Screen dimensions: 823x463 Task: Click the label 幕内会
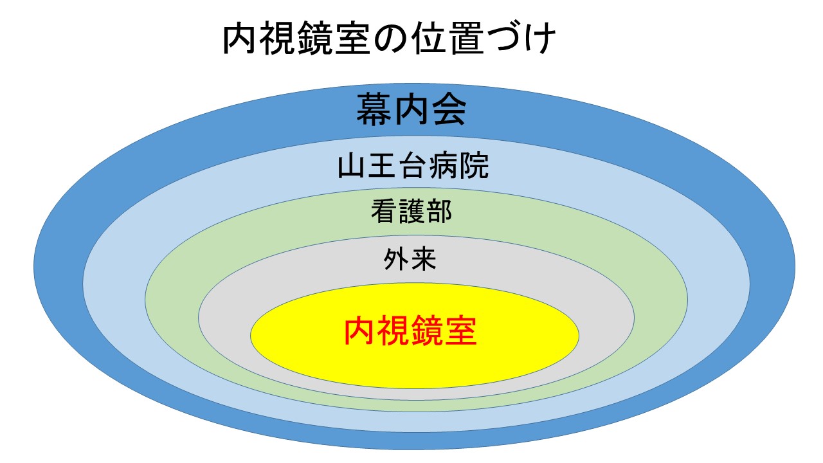(411, 109)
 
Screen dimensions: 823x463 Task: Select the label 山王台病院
(413, 166)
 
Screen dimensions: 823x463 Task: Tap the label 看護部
(411, 212)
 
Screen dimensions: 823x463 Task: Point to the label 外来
(410, 259)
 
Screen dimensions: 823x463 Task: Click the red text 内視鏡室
(410, 331)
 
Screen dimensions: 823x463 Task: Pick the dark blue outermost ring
(59, 266)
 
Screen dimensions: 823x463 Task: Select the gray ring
(225, 318)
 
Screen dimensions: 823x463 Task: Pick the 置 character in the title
(467, 38)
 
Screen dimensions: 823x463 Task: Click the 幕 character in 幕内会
(374, 109)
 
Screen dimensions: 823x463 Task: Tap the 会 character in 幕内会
(449, 109)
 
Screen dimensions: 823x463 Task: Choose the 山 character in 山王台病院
(352, 166)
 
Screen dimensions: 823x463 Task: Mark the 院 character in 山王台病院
(475, 166)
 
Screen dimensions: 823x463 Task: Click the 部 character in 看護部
(439, 212)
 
